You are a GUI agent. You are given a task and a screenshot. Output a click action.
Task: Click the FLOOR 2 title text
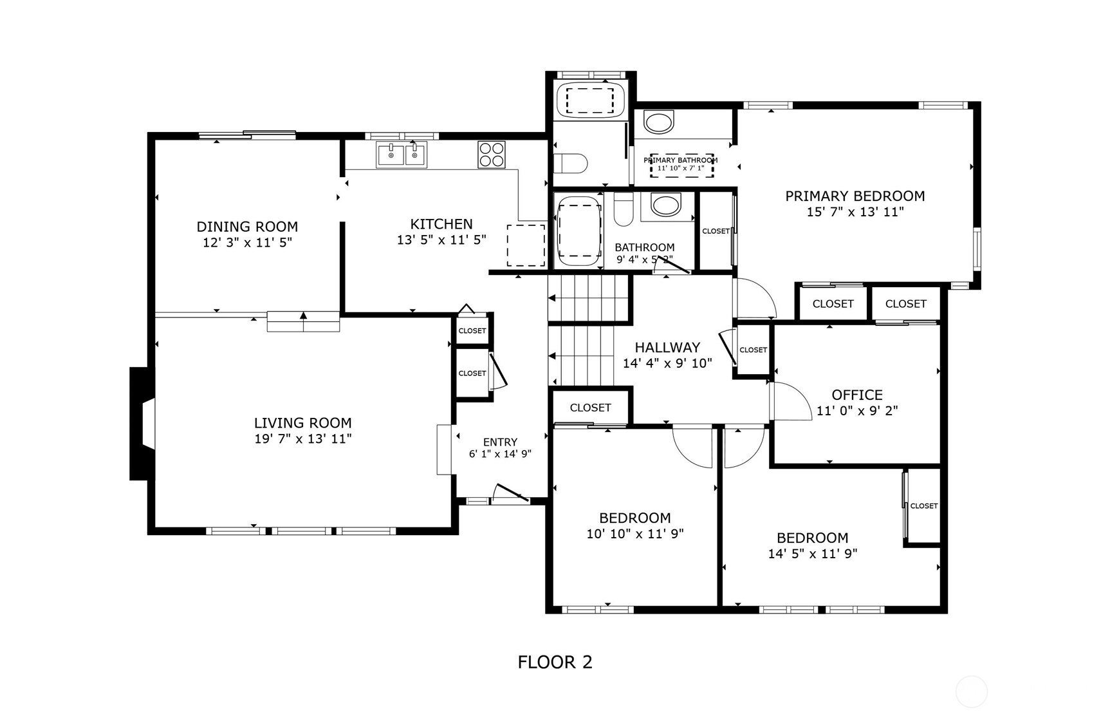[x=555, y=662]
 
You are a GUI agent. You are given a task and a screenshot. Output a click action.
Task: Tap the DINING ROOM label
[x=247, y=227]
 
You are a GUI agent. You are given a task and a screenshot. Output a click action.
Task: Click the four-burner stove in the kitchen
[x=492, y=155]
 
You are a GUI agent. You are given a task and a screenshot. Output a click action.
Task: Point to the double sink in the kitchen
[x=402, y=155]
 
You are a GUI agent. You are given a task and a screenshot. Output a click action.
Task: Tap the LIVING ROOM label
[x=302, y=423]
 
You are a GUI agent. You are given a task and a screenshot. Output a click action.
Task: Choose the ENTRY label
[x=500, y=442]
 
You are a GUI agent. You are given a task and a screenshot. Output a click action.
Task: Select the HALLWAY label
[x=667, y=348]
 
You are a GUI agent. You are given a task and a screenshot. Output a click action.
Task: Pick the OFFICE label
[x=857, y=395]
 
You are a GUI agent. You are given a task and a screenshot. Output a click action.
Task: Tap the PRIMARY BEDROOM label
[x=855, y=196]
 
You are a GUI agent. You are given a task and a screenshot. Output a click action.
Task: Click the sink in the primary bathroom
[x=658, y=122]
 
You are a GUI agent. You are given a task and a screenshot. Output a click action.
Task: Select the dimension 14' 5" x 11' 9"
[x=813, y=554]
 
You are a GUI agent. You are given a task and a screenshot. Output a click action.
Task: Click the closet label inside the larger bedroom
[x=924, y=506]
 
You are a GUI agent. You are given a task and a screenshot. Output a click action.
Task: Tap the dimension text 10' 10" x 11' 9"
[x=635, y=534]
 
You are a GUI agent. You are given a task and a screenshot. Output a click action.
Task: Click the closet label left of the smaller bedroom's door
[x=590, y=408]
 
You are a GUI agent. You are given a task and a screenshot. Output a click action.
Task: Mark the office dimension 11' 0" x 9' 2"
[x=857, y=411]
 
